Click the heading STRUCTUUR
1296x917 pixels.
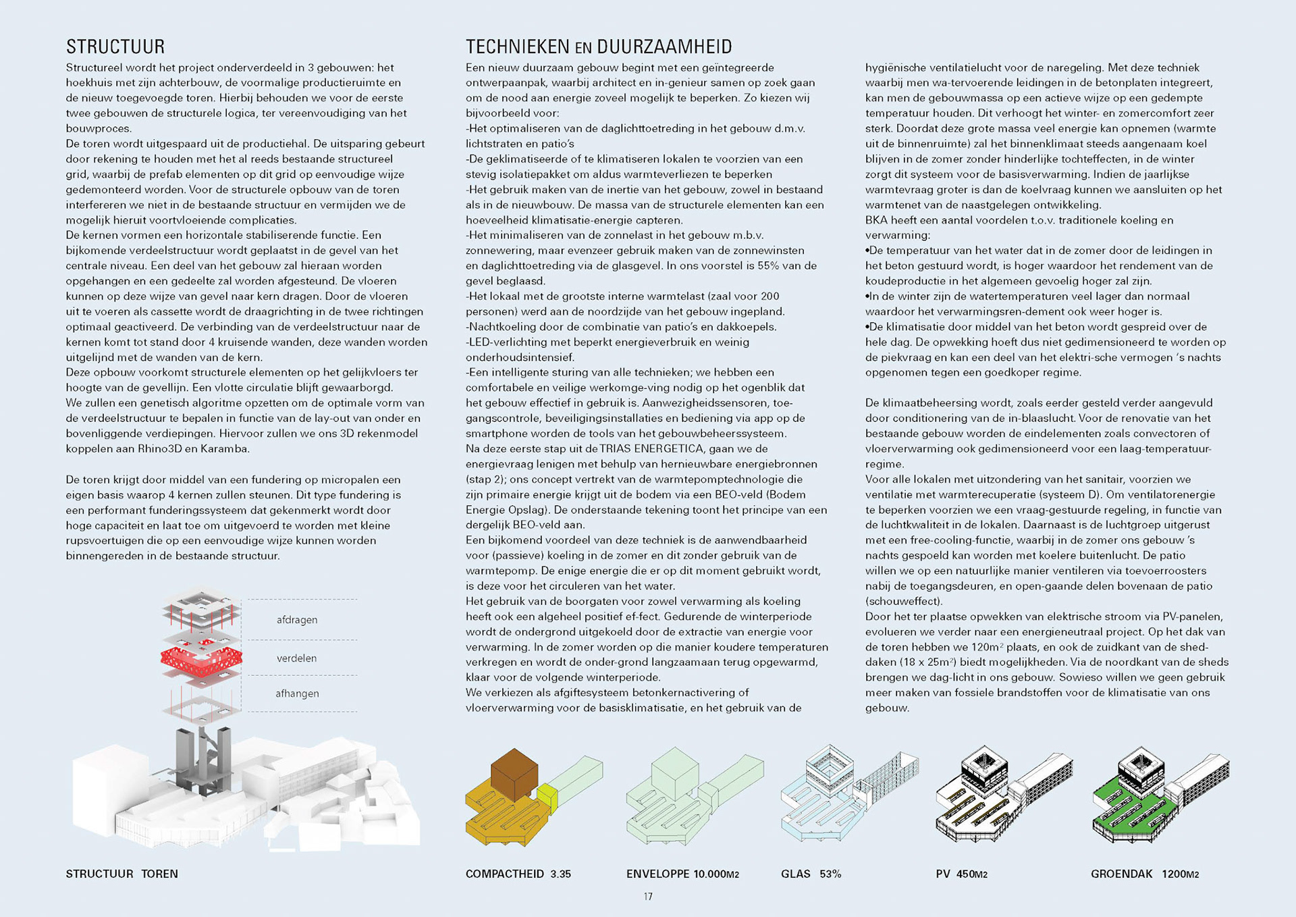[x=115, y=47]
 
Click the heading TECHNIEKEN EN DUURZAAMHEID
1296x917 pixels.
[x=599, y=47]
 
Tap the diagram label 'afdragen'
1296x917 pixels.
[x=296, y=620]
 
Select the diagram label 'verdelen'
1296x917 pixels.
[x=296, y=658]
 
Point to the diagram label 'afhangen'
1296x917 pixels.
[x=297, y=693]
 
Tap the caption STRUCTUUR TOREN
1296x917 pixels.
[x=122, y=874]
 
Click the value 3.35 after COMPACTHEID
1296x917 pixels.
[x=560, y=874]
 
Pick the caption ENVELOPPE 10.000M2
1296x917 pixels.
[x=682, y=874]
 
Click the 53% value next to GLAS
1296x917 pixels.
[x=830, y=874]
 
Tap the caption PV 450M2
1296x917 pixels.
[x=961, y=874]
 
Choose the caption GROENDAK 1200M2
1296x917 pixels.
[x=1145, y=874]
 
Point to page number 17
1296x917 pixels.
[x=648, y=897]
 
